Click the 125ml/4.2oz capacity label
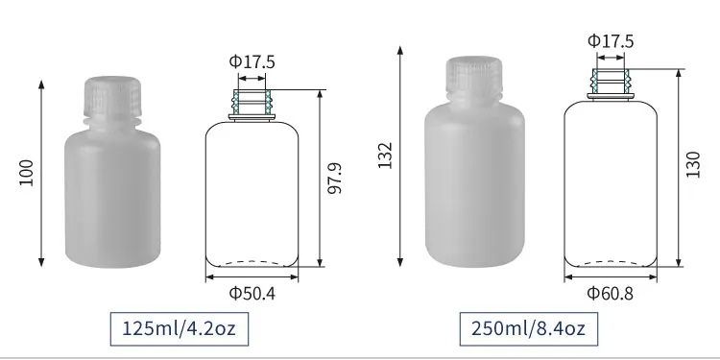pyautogui.click(x=180, y=330)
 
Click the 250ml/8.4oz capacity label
pyautogui.click(x=528, y=330)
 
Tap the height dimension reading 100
pyautogui.click(x=26, y=173)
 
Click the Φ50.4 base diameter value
pyautogui.click(x=252, y=294)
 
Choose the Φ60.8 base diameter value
pyautogui.click(x=611, y=293)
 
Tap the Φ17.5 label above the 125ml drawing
pyautogui.click(x=252, y=61)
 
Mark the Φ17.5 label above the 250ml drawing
pyautogui.click(x=611, y=40)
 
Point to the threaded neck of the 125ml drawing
pyautogui.click(x=252, y=102)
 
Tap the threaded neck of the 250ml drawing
pyautogui.click(x=611, y=81)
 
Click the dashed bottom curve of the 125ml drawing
pyautogui.click(x=252, y=262)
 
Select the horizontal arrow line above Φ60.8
pyautogui.click(x=611, y=278)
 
